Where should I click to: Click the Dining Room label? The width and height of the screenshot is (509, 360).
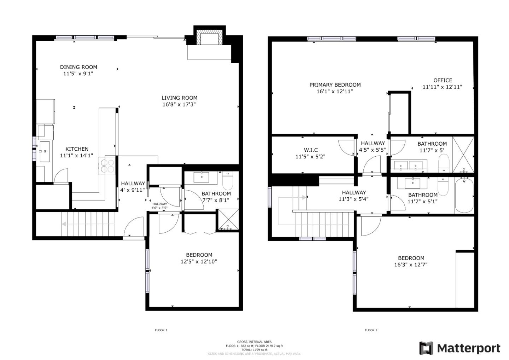[78, 67]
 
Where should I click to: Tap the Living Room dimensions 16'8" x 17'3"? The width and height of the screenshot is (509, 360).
[179, 104]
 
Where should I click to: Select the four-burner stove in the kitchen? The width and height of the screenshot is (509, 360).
[107, 166]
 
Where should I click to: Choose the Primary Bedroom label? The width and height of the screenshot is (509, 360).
[335, 85]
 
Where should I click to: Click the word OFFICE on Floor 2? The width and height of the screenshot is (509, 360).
[443, 80]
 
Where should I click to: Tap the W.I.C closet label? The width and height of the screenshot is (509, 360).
[311, 150]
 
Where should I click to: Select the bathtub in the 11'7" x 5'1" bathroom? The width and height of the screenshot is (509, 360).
[464, 195]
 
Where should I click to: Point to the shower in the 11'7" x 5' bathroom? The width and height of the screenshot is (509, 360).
[463, 154]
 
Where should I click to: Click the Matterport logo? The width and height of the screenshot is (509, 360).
[460, 348]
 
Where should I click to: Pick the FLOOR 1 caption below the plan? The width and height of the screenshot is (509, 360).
[161, 330]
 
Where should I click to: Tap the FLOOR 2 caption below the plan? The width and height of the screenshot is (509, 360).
[371, 330]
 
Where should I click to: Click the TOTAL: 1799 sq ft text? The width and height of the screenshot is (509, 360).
[254, 350]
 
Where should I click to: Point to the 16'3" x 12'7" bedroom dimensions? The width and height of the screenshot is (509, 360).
[411, 265]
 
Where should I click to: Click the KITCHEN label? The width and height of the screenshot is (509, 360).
[77, 149]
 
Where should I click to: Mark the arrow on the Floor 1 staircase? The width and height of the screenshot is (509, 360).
[65, 224]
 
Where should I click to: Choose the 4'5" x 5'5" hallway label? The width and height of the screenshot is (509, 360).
[373, 150]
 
